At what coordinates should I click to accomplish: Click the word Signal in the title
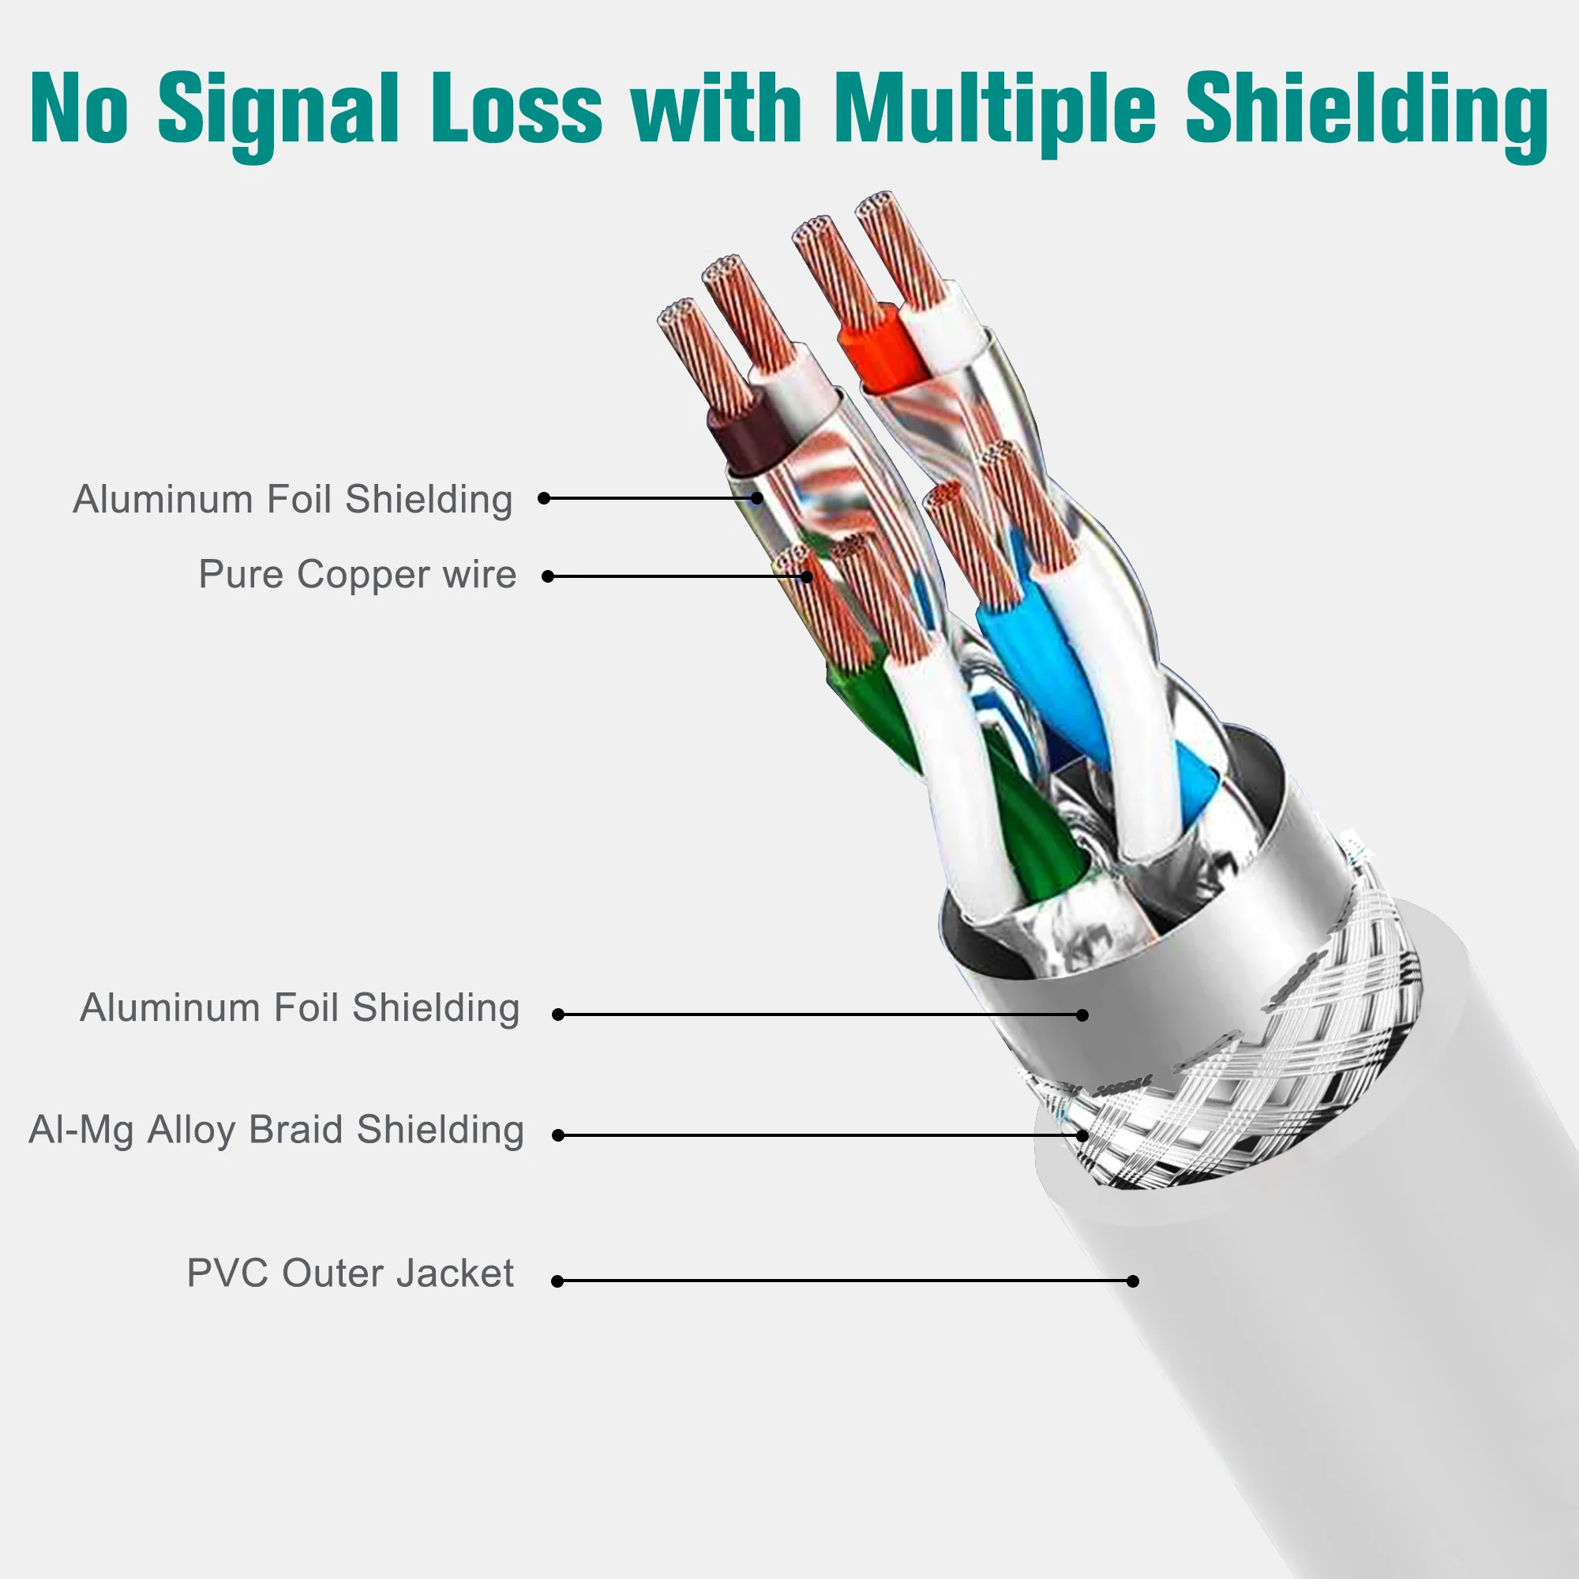click(x=279, y=111)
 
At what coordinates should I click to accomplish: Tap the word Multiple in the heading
click(x=996, y=111)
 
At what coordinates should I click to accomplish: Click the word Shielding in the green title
click(x=1366, y=111)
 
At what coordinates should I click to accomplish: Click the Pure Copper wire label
click(x=357, y=575)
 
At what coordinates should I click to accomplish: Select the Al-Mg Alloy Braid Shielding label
click(x=276, y=1131)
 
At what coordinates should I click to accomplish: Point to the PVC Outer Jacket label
click(x=350, y=1273)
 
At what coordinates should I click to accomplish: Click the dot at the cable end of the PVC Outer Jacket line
click(x=1132, y=1281)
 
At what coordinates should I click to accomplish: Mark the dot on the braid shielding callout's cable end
click(x=1082, y=1135)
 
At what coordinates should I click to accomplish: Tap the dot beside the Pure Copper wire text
click(x=549, y=576)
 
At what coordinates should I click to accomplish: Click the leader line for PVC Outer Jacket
click(x=842, y=1281)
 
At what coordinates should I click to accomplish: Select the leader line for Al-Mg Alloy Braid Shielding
click(x=817, y=1135)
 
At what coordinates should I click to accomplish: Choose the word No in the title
click(x=79, y=111)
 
